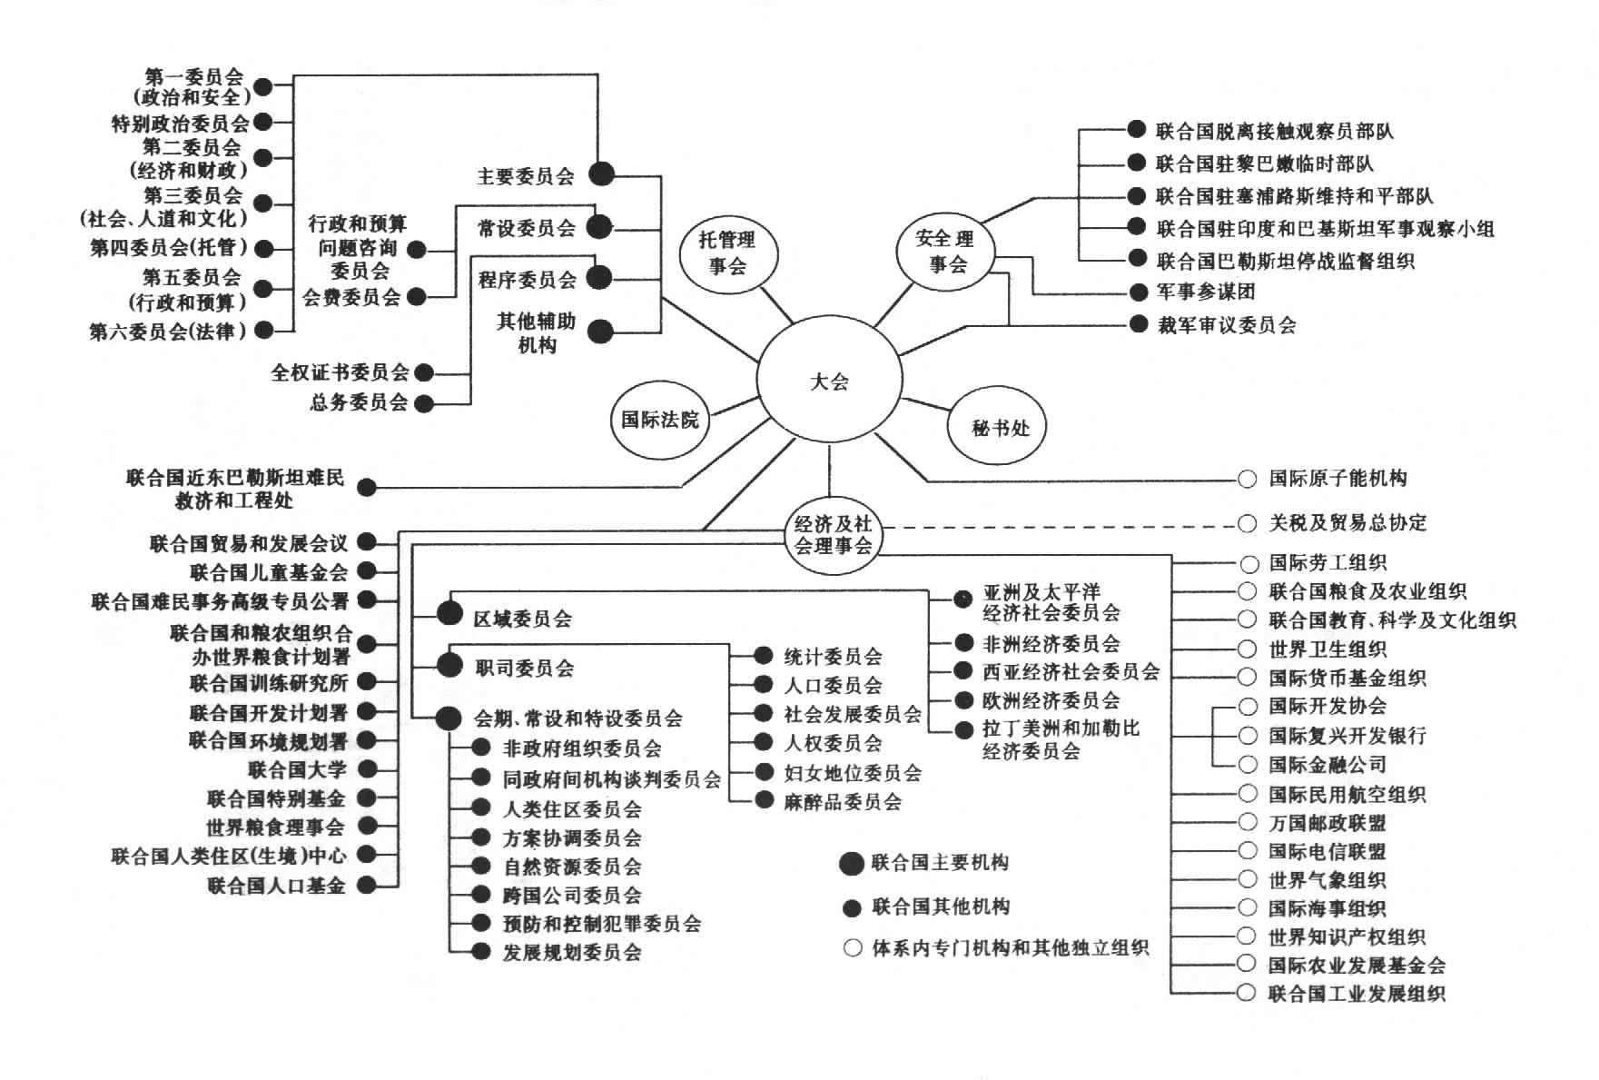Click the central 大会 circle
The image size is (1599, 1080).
pos(829,382)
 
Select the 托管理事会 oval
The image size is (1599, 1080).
pos(727,253)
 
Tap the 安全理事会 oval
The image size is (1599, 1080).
pos(945,252)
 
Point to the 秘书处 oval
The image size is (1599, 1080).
pos(1000,427)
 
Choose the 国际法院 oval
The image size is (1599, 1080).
pos(660,420)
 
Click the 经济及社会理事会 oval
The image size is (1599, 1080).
pos(833,535)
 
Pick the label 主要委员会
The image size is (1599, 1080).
pos(526,176)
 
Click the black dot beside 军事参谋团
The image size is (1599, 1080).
pos(1139,292)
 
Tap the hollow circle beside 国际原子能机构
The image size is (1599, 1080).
pos(1248,479)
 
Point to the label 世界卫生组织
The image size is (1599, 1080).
pos(1327,649)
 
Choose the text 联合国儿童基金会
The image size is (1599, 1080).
pos(269,572)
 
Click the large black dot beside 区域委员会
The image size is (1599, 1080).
pos(449,614)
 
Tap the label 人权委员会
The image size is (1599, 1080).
pos(833,744)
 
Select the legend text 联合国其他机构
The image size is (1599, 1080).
pos(941,907)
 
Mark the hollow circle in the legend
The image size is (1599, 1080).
pos(852,948)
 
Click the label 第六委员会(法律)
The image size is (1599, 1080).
pos(168,332)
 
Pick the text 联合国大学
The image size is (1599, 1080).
pos(297,770)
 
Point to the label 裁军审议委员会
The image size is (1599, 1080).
pos(1226,325)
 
